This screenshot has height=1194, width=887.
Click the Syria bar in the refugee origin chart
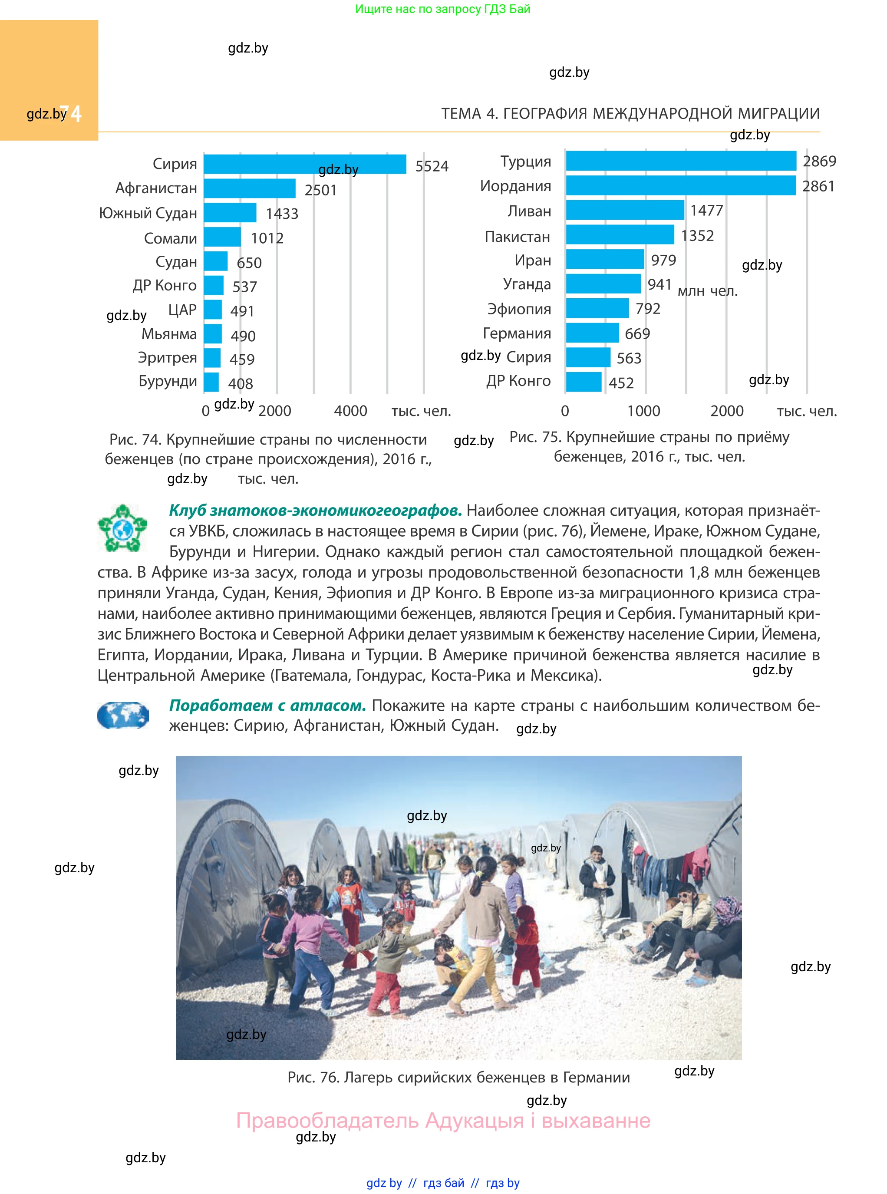point(304,164)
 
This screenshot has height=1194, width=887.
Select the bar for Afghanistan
point(249,188)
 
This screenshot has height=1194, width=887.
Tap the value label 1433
point(282,214)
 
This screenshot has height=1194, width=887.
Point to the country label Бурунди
point(168,381)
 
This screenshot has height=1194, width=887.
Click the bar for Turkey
point(680,161)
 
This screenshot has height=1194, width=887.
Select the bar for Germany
point(592,333)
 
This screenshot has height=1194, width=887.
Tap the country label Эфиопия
point(519,309)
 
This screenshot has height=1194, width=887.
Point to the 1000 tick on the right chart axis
point(643,411)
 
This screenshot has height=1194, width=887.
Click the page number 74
point(71,114)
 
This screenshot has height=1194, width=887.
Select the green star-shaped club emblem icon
point(122,528)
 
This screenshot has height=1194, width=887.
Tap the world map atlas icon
point(123,715)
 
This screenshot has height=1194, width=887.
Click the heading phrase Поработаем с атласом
point(267,706)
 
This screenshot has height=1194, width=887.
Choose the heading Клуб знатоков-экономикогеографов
point(315,511)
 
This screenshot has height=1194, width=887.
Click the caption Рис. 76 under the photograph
point(458,1078)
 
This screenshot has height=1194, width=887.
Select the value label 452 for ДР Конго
point(621,383)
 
